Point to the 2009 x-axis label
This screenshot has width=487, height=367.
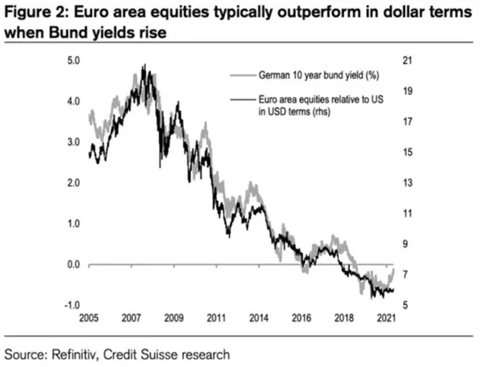click(x=174, y=317)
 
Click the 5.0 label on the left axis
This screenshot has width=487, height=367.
click(x=74, y=60)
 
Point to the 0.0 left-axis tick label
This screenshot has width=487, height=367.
click(x=74, y=264)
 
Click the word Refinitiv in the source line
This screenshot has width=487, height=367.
click(x=80, y=354)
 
